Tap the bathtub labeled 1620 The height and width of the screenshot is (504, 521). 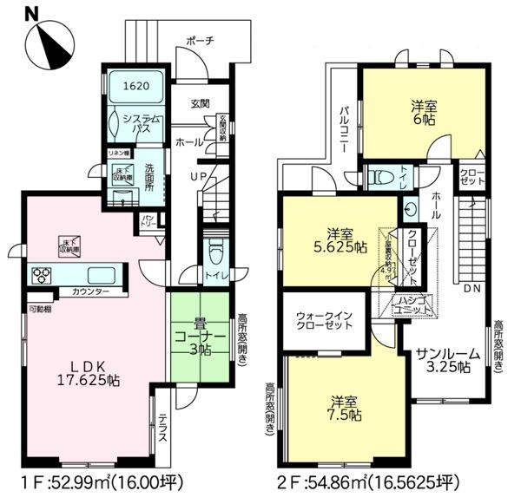pos(135,87)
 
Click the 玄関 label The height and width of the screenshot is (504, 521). pos(200,104)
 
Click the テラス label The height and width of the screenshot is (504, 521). pos(162,429)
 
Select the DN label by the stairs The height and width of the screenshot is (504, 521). pos(473,288)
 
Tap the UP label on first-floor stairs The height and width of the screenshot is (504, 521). pos(199,176)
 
